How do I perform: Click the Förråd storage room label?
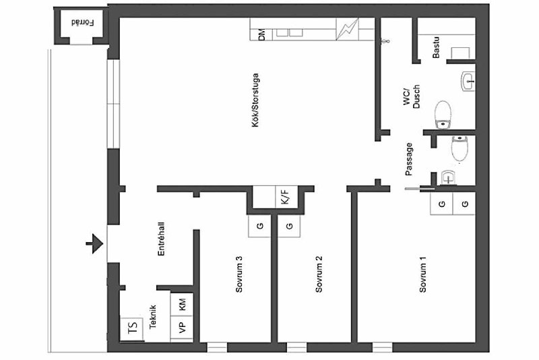click(x=82, y=23)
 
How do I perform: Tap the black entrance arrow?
click(x=94, y=243)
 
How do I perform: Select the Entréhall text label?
click(x=161, y=239)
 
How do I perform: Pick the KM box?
click(x=182, y=305)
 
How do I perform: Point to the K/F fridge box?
click(x=286, y=197)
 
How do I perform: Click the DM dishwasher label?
click(x=261, y=35)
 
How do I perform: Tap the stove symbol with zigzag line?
click(x=347, y=29)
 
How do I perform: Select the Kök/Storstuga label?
click(x=255, y=100)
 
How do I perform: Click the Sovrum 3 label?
click(x=239, y=274)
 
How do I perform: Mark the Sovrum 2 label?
click(x=319, y=274)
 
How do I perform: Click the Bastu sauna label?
click(x=436, y=47)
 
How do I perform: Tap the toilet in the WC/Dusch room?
click(x=443, y=115)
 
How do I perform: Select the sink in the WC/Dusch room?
click(x=468, y=82)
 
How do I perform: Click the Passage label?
click(x=408, y=159)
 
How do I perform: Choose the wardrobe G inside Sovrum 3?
click(x=259, y=226)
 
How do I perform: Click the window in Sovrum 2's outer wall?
click(x=296, y=347)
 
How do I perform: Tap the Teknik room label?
click(x=153, y=317)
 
